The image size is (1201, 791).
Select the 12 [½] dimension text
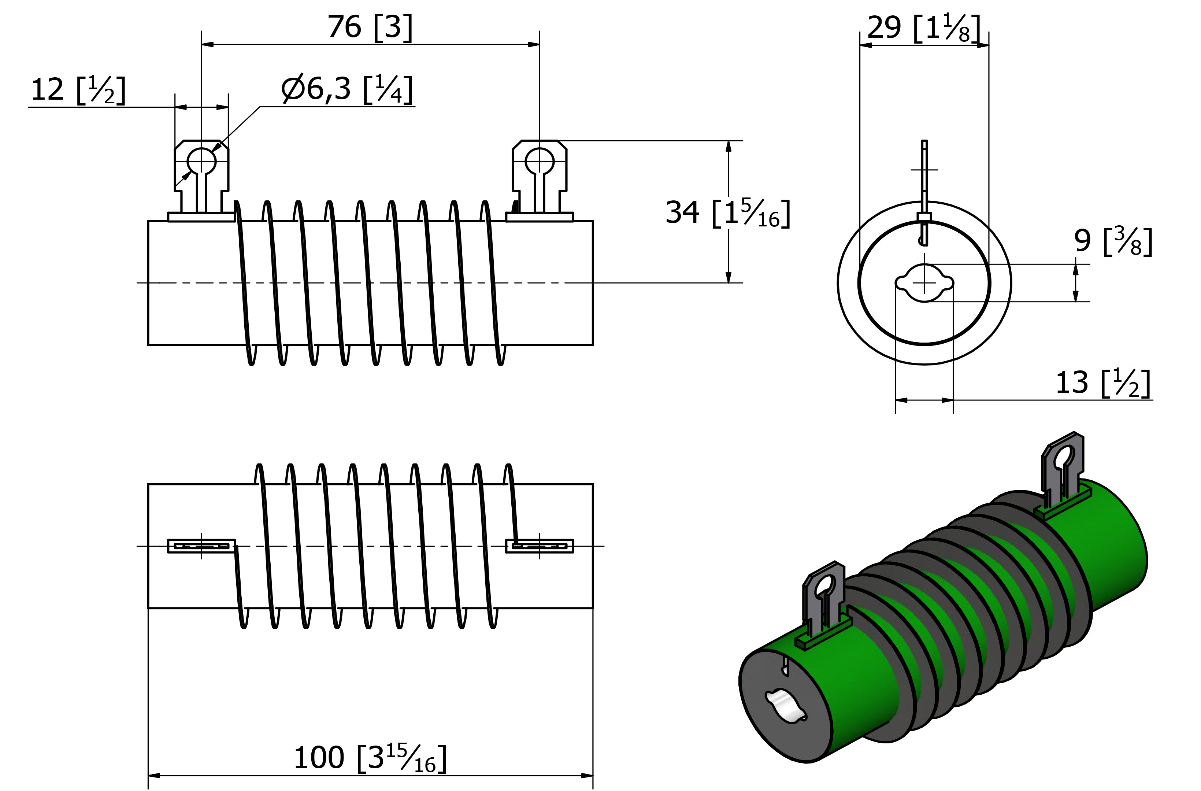(x=78, y=90)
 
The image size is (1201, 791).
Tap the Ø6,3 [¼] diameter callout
(x=348, y=89)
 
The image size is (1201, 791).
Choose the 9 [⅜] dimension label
(x=1113, y=241)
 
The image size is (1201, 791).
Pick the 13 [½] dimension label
(x=1104, y=383)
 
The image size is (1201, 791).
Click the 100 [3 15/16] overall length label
(x=370, y=758)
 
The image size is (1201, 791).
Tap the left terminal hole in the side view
(x=201, y=162)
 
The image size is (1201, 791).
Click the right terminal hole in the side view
(x=540, y=162)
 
